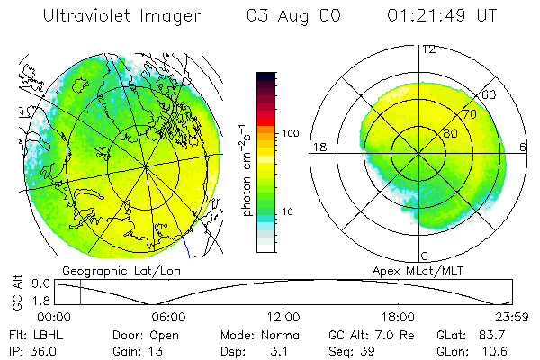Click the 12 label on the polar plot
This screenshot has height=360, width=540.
click(x=429, y=49)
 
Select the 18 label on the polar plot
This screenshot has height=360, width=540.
click(x=318, y=147)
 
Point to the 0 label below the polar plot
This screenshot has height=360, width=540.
click(x=424, y=256)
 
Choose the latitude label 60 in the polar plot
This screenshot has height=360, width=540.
click(x=490, y=94)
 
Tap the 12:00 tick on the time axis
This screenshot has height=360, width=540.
click(x=283, y=317)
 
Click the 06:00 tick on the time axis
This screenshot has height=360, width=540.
click(x=168, y=317)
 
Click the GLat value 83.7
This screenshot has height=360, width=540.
click(x=502, y=334)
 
